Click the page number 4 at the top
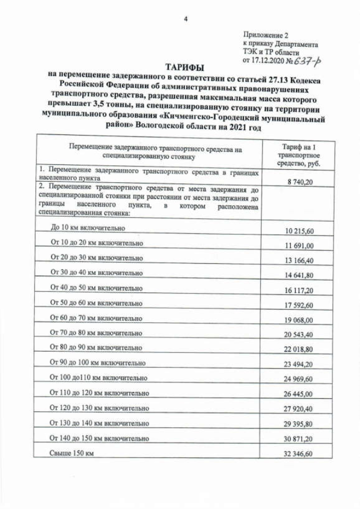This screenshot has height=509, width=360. coord(185,19)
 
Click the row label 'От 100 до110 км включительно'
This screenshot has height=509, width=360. coord(98,377)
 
